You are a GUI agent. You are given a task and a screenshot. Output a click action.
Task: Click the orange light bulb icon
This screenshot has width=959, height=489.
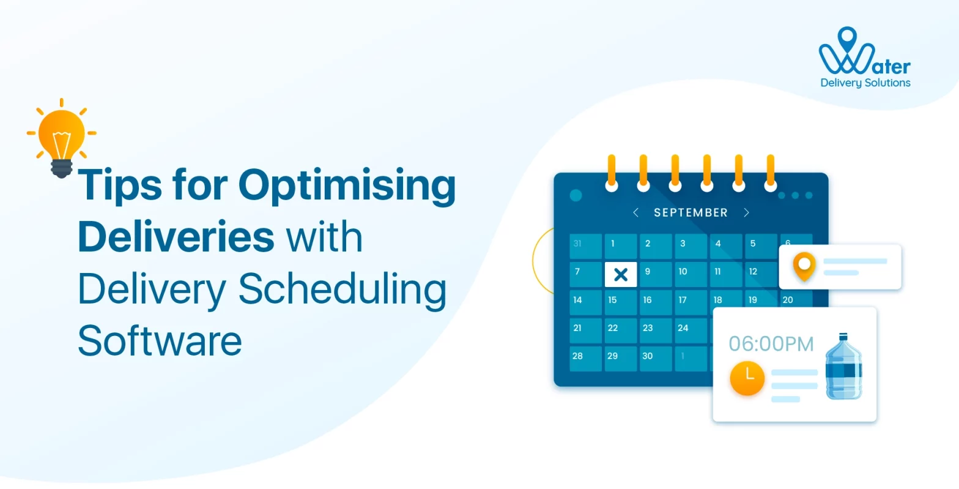[x=61, y=138]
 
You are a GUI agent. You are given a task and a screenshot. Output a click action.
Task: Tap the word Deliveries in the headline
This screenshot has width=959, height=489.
[x=176, y=236]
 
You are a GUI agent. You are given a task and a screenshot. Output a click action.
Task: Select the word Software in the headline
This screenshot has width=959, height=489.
[x=160, y=340]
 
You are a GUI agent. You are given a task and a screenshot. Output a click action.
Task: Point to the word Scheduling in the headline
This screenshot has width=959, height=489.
[x=342, y=290]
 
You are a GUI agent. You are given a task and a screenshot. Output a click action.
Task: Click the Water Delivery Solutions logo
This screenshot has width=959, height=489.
[x=865, y=58]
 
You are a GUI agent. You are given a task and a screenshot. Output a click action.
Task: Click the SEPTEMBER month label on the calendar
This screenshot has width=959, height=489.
[x=691, y=212]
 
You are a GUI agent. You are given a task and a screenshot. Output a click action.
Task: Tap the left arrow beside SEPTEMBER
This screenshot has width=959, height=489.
[x=636, y=212]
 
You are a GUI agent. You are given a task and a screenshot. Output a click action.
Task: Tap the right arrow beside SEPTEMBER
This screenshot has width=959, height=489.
[x=746, y=212]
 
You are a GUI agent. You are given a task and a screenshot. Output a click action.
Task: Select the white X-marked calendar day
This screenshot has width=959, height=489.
[x=620, y=274]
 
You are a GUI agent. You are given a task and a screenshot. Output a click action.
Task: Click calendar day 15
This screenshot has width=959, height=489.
[x=620, y=302]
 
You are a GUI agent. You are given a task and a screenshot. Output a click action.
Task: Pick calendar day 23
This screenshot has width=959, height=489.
[x=656, y=330]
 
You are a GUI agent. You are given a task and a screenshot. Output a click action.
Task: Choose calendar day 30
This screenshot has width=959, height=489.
[x=656, y=358]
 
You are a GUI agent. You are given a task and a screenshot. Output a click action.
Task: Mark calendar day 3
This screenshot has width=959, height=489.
[x=691, y=246]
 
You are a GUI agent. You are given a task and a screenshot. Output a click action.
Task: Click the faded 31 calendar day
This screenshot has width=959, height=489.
[x=585, y=246]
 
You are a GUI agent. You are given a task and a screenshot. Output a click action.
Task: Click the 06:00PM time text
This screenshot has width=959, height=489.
[x=771, y=344]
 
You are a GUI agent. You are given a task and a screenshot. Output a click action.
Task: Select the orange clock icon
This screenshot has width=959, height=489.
[x=747, y=378]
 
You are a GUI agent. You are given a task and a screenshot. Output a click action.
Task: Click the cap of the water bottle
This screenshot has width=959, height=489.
[x=843, y=336]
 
